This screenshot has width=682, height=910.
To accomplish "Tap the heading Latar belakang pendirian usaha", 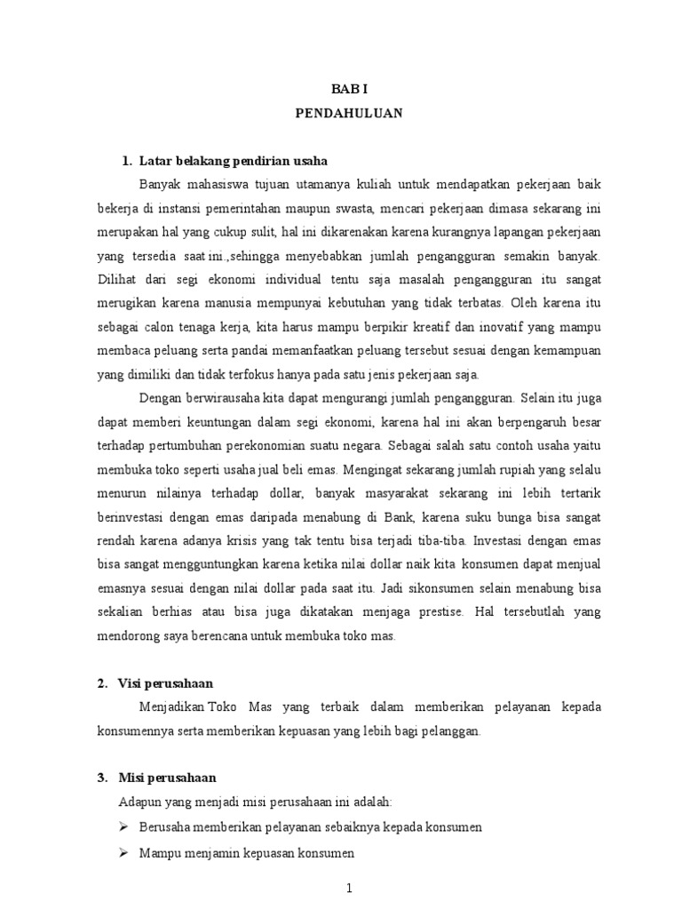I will (x=234, y=161).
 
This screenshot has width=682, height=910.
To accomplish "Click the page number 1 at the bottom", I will (x=350, y=888).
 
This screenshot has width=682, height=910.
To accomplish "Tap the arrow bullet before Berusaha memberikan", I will (x=124, y=827).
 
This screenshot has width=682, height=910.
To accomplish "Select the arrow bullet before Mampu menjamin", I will (x=124, y=852).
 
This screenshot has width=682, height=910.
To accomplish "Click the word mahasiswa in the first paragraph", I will (x=210, y=186).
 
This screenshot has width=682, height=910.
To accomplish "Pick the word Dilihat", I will (x=117, y=279).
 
